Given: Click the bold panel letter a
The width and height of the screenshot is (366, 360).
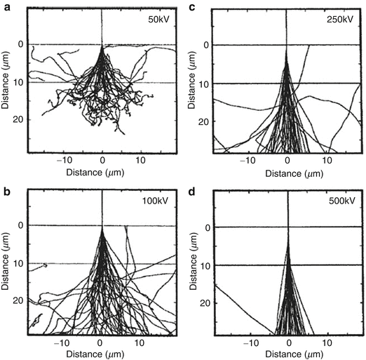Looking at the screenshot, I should [6, 6].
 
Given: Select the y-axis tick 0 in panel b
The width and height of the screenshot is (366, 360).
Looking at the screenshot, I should [21, 226].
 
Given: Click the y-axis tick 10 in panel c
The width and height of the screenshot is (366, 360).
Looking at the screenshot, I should [205, 84].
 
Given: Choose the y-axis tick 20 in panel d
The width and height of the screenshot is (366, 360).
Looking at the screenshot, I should [205, 302].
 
